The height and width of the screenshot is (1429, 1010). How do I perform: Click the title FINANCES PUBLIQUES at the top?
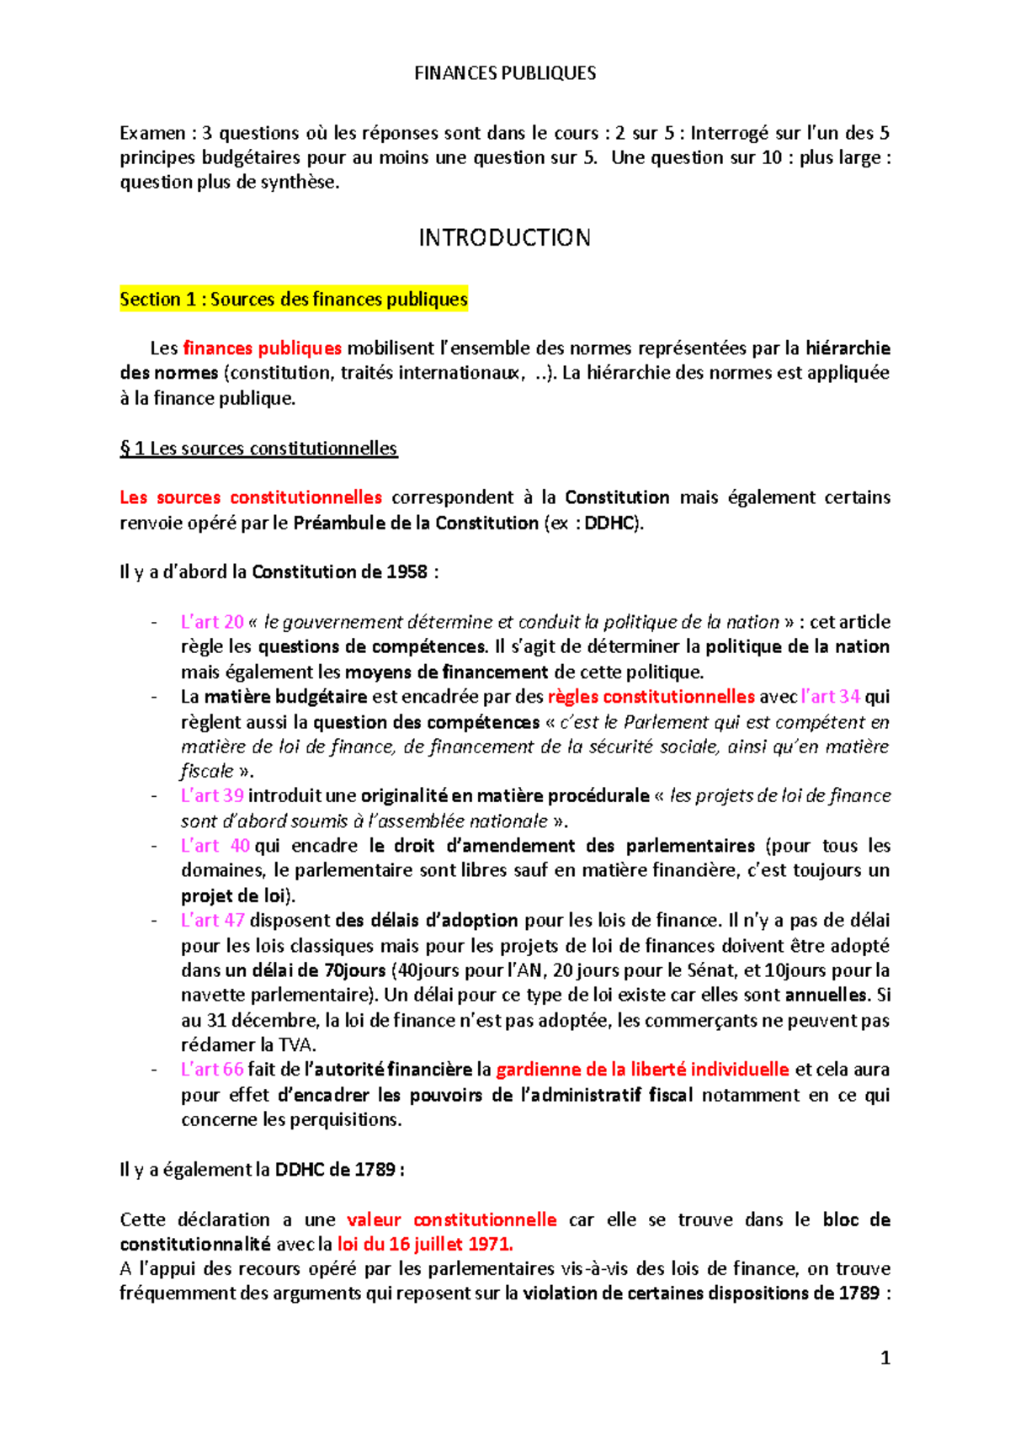click(505, 73)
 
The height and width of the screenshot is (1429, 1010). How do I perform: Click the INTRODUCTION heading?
click(505, 238)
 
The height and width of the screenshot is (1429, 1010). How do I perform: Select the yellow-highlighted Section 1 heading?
click(293, 300)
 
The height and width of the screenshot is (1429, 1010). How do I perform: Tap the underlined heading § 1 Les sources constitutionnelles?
click(258, 449)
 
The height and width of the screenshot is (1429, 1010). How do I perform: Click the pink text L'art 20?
click(212, 622)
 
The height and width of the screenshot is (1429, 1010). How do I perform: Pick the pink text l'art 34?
click(831, 697)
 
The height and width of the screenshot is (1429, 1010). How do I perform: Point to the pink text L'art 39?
click(212, 796)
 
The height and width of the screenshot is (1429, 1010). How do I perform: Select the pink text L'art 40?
click(215, 846)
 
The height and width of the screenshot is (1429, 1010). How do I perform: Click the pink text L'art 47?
click(212, 921)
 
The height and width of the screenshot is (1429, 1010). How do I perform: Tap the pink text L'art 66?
click(212, 1070)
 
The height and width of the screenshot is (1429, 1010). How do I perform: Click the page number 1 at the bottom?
click(885, 1357)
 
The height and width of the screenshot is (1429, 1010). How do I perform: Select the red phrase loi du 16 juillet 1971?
click(425, 1244)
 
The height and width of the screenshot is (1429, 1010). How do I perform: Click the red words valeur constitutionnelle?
click(451, 1219)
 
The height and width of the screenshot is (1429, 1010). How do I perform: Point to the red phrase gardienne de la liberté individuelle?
click(642, 1070)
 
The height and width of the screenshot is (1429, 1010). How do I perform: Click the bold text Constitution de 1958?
click(340, 572)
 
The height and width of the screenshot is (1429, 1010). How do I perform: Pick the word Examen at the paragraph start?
click(152, 133)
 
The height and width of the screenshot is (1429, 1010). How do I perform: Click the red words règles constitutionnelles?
click(651, 697)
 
